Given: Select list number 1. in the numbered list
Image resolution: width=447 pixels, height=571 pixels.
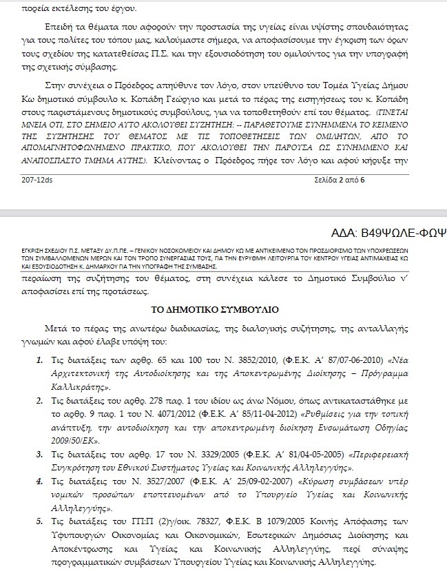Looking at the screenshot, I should pyautogui.click(x=39, y=360).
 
